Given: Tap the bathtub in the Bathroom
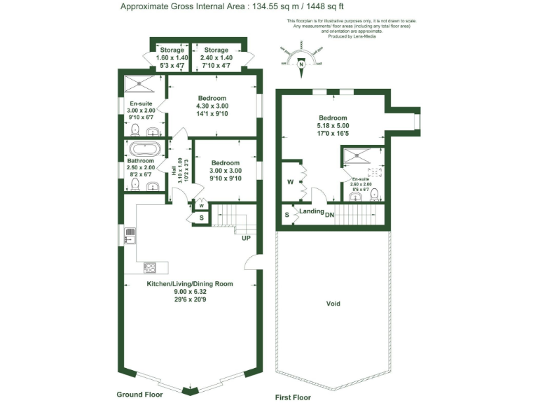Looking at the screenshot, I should click(x=145, y=149).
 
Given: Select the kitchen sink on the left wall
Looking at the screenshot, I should click(x=130, y=235).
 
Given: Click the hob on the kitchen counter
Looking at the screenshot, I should click(x=150, y=267).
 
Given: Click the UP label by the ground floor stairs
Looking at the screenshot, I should click(x=245, y=238).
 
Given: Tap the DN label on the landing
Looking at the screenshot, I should click(x=329, y=213).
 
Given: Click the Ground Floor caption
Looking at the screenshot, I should click(x=139, y=395).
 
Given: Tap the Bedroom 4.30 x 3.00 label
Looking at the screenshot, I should click(x=212, y=106).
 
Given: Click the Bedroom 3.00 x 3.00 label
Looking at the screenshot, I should click(x=226, y=170).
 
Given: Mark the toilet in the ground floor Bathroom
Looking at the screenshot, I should click(x=136, y=185).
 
